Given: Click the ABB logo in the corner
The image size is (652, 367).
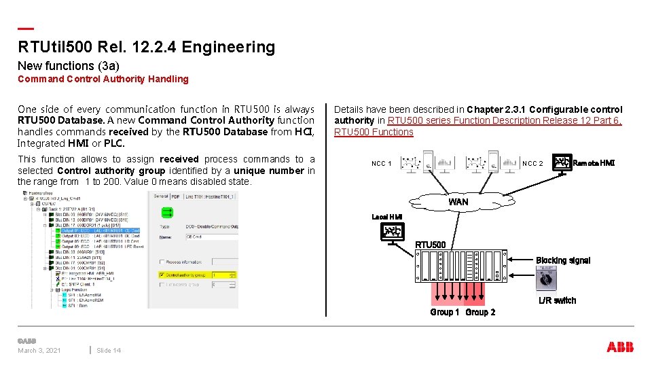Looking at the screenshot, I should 620,347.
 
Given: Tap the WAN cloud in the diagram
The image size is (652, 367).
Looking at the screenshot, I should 458,202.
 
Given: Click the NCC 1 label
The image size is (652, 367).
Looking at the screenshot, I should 381,164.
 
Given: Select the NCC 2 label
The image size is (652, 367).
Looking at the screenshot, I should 532,164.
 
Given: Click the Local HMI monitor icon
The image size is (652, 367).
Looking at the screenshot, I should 392,232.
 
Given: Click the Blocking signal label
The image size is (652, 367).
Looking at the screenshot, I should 562,260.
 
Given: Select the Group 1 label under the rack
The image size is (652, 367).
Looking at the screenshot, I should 445,312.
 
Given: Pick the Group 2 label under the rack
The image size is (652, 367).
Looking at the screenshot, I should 480,312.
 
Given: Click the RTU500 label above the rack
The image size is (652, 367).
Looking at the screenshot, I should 430,245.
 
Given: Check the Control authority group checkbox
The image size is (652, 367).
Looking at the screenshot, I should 162,275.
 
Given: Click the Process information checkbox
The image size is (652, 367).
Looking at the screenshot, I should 162,262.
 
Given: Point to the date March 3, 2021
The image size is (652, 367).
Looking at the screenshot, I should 39,351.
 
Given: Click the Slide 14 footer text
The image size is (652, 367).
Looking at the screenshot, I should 109,351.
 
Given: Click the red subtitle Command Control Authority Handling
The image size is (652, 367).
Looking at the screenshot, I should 103,79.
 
